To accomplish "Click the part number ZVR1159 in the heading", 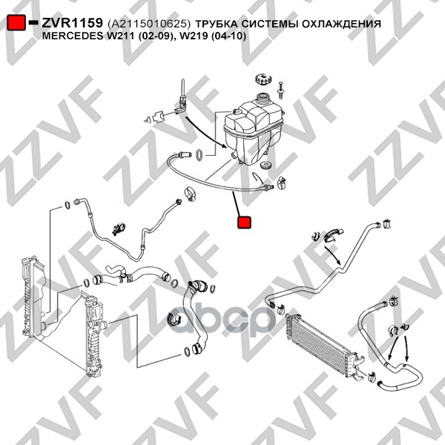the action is tap(72, 23).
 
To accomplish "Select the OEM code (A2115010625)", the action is tap(149, 24).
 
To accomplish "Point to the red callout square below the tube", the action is tap(244, 222).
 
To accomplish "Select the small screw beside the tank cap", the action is tap(280, 90).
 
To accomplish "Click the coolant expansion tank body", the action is tap(253, 129).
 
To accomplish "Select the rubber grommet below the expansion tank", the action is tap(266, 165).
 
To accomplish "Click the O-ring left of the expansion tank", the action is tap(200, 155).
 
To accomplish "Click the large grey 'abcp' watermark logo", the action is tap(222, 319).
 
